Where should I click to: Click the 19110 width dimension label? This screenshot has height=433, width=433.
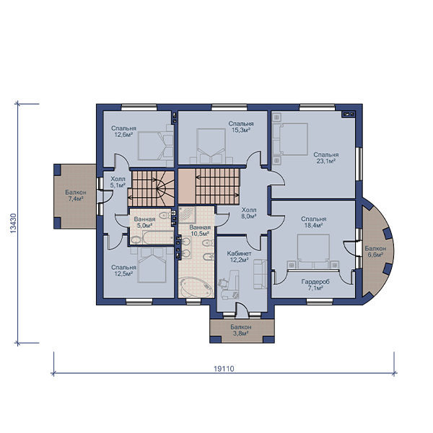pos(224,369)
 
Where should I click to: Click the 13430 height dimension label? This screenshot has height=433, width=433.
pos(13,223)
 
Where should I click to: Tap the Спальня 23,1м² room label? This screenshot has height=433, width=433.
pos(326,157)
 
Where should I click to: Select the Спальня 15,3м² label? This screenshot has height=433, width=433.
pos(241,127)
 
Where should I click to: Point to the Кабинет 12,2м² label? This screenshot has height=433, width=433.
pos(239,256)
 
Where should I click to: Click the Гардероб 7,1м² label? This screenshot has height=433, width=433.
pos(315,285)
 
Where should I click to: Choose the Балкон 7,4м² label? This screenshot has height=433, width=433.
pos(76,196)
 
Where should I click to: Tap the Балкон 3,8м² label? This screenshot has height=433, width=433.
pos(241,330)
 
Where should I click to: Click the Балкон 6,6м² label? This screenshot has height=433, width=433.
pos(375,251)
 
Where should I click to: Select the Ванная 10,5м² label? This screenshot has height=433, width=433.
pos(200,231)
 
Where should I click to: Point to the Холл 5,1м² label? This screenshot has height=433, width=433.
pos(118,182)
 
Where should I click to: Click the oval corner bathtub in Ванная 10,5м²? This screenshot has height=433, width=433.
pos(196,287)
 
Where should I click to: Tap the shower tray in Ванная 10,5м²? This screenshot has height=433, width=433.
pos(187,214)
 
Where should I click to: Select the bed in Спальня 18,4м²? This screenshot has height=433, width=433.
pos(313,251)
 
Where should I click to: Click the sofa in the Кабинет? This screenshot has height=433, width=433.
pos(260,274)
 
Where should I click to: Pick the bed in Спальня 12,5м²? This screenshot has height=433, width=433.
pos(152,265)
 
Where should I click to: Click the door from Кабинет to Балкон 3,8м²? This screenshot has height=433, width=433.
pos(242,310)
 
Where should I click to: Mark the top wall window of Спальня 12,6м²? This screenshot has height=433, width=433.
pos(139,108)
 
